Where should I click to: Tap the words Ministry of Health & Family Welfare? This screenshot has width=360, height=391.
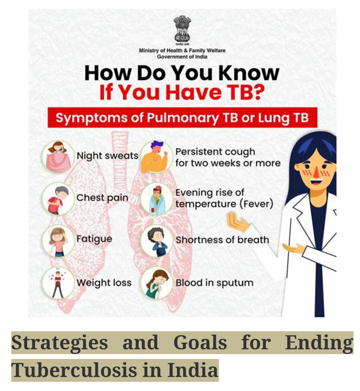coord(182,51)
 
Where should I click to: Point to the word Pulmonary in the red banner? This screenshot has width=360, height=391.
coord(183,118)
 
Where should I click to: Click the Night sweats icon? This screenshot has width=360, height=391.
coord(58,156)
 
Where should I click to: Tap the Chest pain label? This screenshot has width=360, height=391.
coord(102,198)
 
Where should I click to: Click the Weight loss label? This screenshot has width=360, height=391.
coord(104,283)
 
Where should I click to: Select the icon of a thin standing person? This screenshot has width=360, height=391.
coord(58,283)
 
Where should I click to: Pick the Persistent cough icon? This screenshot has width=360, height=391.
coord(156,156)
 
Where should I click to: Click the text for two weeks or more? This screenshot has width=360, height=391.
coord(228,163)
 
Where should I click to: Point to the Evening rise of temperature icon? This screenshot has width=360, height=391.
coord(156,199)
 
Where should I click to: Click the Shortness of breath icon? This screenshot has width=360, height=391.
coord(156,241)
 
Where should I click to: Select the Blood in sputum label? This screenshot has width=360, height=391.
coord(215,283)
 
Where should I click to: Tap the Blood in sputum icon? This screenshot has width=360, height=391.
coord(156,283)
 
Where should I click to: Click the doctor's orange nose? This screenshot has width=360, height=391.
coord(316,172)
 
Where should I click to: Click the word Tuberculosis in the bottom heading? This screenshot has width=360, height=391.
coord(74,370)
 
